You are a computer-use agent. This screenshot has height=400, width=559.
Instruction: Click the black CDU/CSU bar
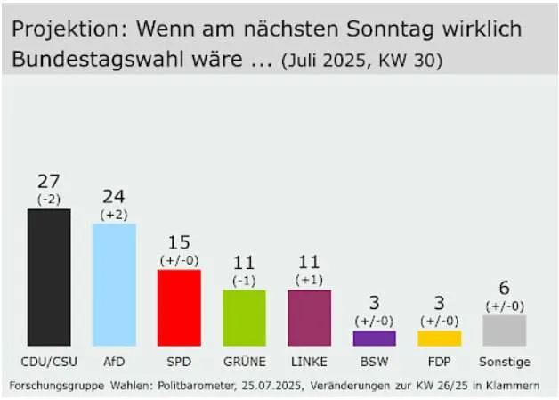(49, 277)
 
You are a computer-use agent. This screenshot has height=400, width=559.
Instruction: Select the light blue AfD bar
(114, 284)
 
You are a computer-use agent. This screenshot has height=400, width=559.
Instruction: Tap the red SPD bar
(179, 307)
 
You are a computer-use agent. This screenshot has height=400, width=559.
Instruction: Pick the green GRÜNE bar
(244, 317)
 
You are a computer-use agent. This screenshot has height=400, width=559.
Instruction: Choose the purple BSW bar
(374, 338)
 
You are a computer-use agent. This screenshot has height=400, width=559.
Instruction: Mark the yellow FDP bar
(439, 338)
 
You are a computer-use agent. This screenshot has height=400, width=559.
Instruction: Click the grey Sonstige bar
(504, 330)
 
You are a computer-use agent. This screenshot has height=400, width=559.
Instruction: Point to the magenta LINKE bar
(309, 317)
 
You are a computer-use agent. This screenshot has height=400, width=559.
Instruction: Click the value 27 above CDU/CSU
(49, 182)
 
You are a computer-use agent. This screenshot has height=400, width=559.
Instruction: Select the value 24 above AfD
(114, 196)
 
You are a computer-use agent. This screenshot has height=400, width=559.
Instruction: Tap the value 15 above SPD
(179, 242)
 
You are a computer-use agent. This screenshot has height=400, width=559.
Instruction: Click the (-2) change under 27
(49, 199)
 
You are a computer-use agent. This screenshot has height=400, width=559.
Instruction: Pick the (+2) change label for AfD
(114, 213)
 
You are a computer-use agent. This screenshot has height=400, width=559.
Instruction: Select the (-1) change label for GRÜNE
(244, 280)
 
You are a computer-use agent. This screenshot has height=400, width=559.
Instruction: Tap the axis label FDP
(439, 362)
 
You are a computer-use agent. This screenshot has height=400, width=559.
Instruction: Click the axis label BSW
(374, 362)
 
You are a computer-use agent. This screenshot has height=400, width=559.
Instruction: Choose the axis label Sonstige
(504, 362)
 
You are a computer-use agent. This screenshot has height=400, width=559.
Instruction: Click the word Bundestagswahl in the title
(93, 61)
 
